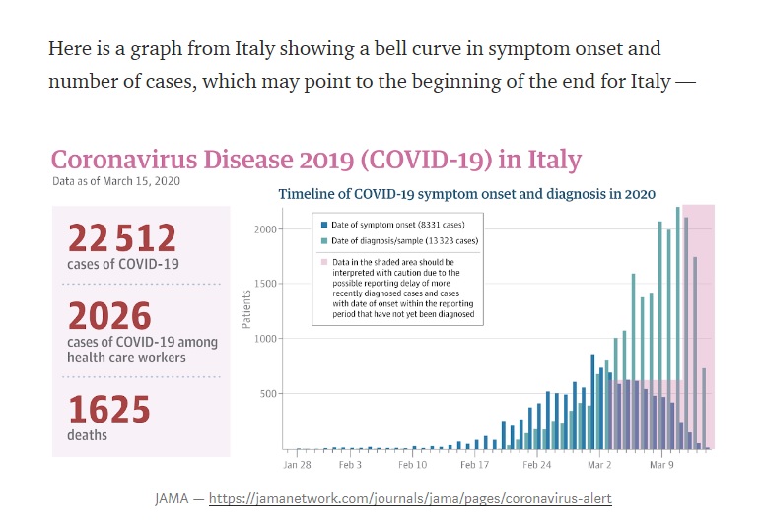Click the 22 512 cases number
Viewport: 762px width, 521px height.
pos(122,238)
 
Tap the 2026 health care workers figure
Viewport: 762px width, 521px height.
pos(110,316)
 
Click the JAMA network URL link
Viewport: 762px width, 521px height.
pos(411,498)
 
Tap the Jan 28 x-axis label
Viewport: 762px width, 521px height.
pos(298,463)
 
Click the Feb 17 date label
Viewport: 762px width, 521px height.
pos(475,463)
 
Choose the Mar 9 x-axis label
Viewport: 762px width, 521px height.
pos(660,463)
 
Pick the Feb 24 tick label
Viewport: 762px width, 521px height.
pos(537,463)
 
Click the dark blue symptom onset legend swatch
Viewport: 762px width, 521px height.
pos(324,225)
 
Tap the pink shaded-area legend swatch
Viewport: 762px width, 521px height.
pos(324,262)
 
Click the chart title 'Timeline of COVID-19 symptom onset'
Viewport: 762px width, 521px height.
pos(466,195)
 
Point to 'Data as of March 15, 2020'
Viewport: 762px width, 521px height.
pos(115,181)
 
